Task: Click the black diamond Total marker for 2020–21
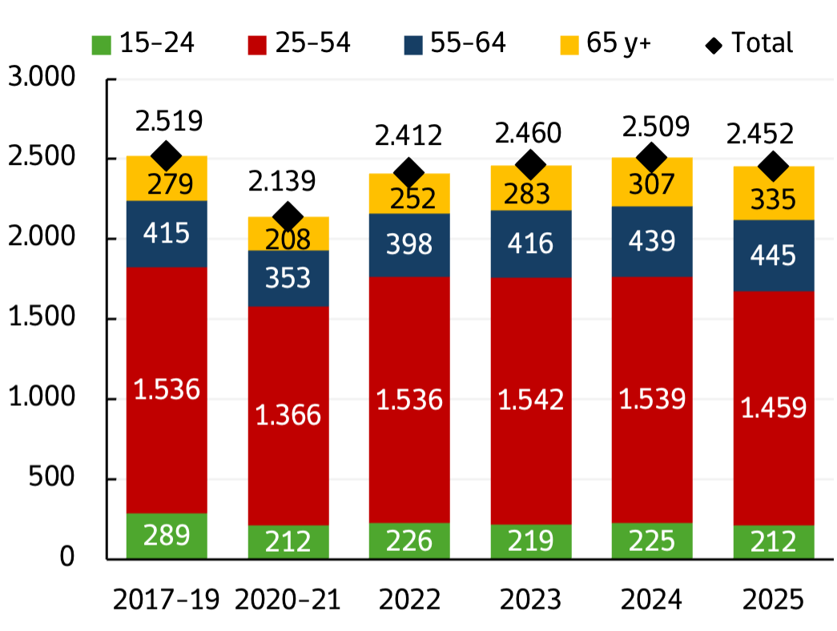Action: click(x=288, y=216)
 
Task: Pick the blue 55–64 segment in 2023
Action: click(x=530, y=243)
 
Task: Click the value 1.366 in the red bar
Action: click(x=288, y=415)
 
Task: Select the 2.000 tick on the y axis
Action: click(x=50, y=239)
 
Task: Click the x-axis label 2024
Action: click(x=651, y=600)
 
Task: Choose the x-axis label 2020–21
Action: click(x=287, y=600)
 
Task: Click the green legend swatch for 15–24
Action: click(x=101, y=44)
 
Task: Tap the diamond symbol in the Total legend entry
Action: click(x=714, y=44)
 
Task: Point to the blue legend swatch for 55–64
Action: click(x=414, y=44)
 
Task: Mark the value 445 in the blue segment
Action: click(x=774, y=256)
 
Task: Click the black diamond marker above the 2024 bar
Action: click(x=651, y=156)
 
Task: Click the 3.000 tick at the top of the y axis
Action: click(x=50, y=78)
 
